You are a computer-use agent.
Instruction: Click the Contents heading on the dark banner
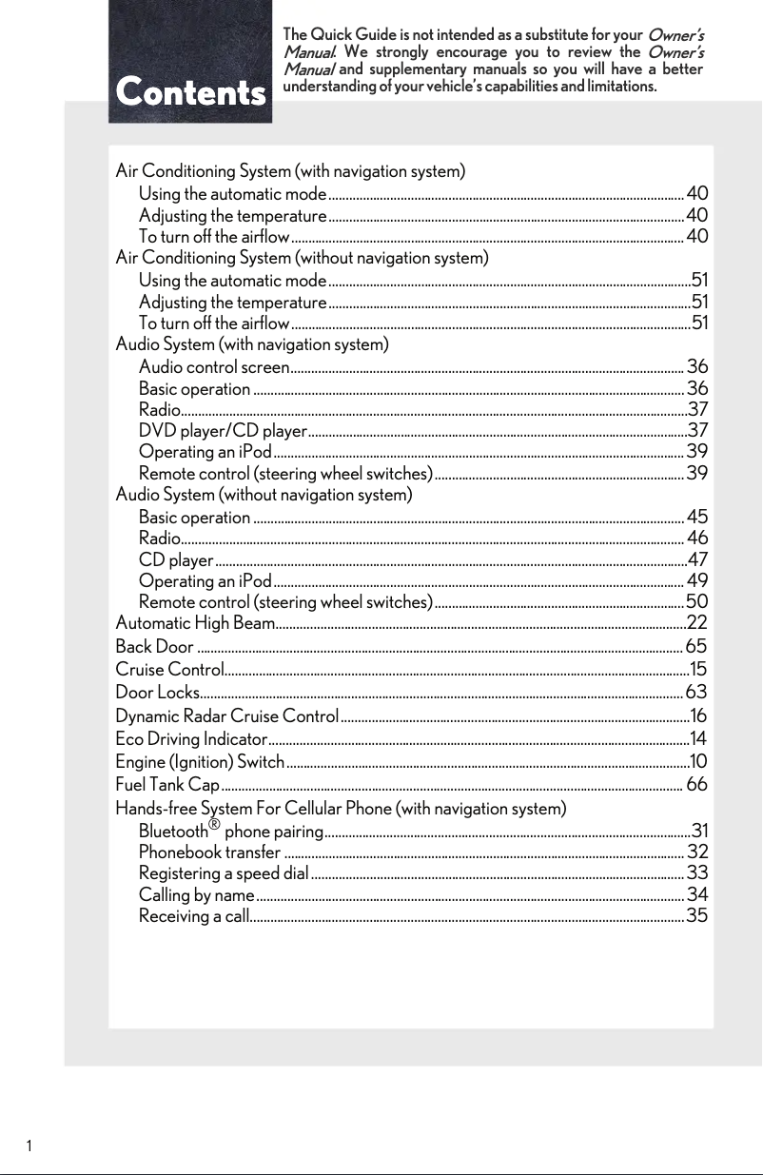click(190, 93)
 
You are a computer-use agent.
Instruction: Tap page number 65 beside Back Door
click(696, 648)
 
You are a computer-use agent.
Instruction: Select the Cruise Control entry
click(170, 670)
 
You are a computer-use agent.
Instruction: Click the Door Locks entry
click(157, 692)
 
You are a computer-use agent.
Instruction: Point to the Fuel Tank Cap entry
click(167, 785)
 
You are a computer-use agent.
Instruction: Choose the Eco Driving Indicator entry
click(190, 738)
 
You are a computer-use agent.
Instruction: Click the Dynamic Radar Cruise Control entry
click(226, 715)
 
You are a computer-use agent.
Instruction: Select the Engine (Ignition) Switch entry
click(200, 761)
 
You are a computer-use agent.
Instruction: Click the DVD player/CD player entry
click(223, 431)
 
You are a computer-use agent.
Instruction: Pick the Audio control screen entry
click(214, 367)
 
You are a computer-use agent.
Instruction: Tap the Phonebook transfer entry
click(209, 852)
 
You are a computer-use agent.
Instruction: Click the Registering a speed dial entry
click(224, 873)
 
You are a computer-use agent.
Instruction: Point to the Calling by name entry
click(196, 895)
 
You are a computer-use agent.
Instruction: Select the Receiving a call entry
click(194, 916)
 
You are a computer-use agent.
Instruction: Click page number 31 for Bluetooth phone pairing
click(699, 830)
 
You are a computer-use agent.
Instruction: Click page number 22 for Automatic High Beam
click(696, 623)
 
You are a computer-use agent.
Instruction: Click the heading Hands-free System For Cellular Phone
click(341, 809)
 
